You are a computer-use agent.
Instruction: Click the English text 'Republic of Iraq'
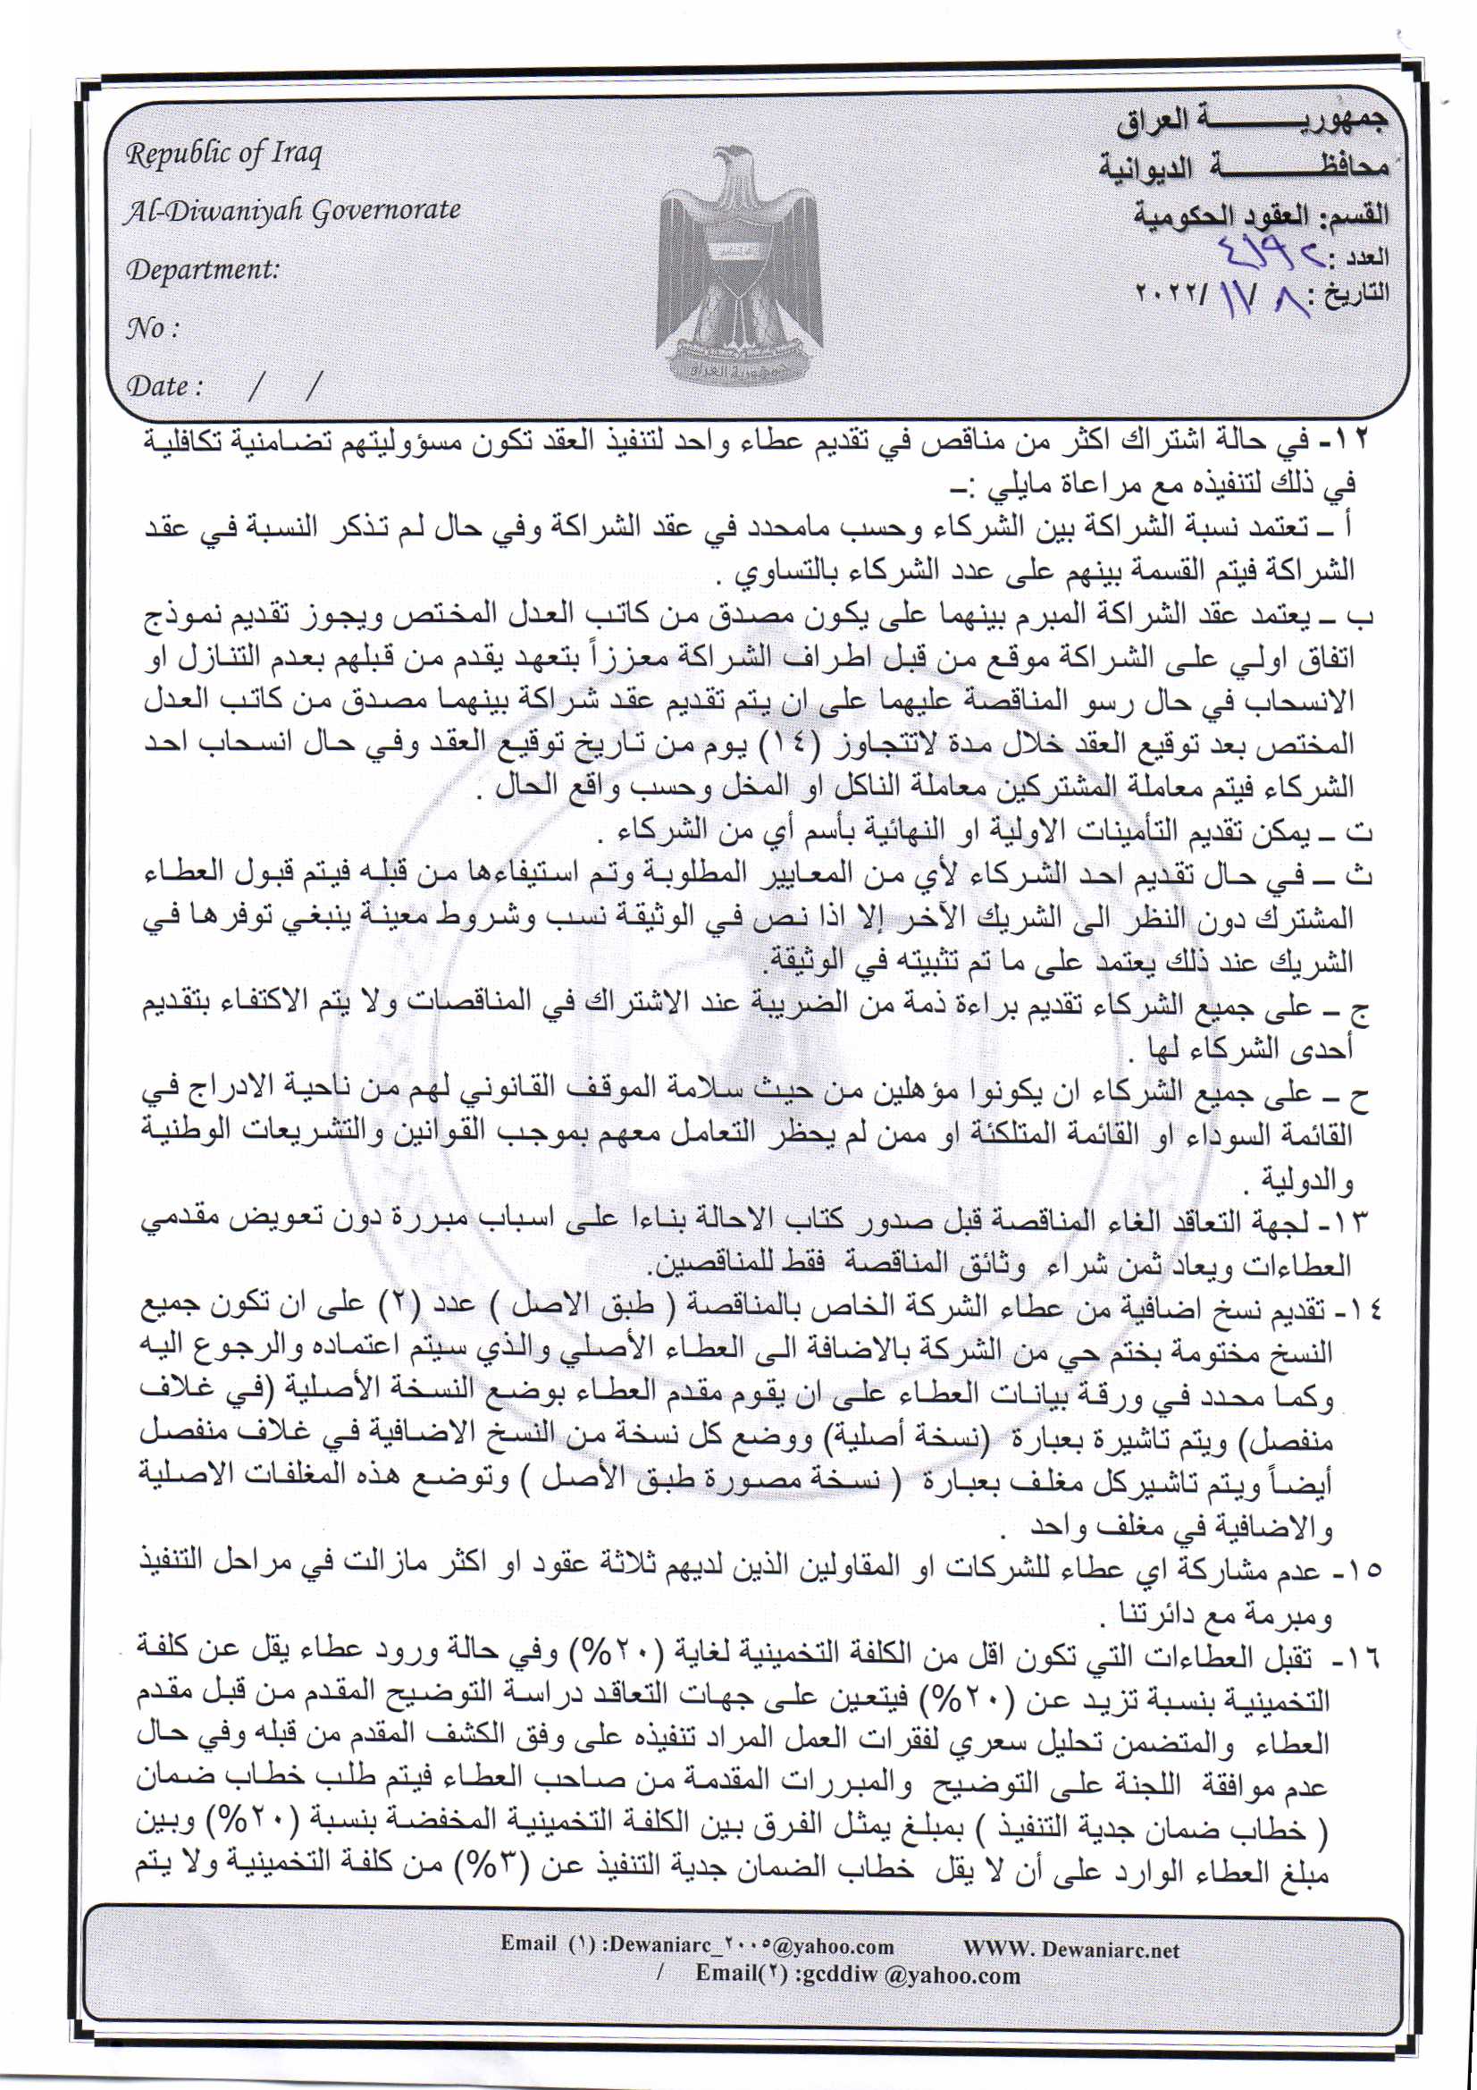(223, 155)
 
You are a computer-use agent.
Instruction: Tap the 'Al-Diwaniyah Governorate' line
(292, 211)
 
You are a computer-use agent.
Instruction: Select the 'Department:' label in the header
(202, 270)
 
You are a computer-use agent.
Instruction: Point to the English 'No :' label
(151, 328)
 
